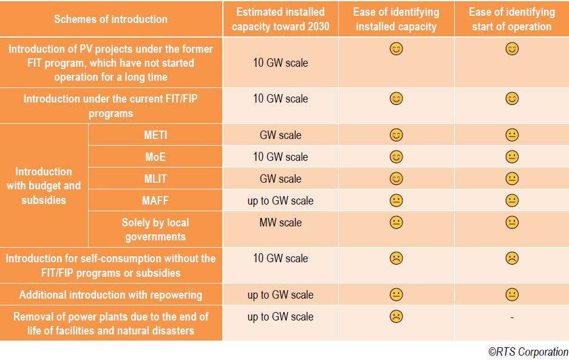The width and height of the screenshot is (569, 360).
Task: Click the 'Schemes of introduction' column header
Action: (111, 19)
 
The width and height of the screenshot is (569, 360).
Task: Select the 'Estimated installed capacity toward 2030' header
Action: (280, 19)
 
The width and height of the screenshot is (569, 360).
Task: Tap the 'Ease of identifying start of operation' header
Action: (511, 19)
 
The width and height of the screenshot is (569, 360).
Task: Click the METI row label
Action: (155, 135)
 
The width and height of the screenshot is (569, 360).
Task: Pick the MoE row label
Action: (155, 157)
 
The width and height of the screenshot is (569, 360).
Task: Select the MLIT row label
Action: (155, 179)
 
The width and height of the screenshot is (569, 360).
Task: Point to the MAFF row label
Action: (155, 201)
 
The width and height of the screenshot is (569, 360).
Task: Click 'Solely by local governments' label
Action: (155, 229)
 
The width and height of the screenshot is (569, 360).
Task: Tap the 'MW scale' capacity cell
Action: (280, 223)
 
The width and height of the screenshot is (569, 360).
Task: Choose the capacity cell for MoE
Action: (280, 157)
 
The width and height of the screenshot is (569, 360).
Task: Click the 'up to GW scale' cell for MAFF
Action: (280, 201)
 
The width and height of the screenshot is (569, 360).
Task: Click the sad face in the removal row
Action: (396, 317)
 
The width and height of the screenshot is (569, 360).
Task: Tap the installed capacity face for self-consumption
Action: (396, 259)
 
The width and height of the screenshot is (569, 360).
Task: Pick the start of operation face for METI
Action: (512, 135)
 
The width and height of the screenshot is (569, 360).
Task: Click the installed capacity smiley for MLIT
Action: (396, 178)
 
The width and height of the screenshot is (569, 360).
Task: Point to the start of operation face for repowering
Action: (512, 294)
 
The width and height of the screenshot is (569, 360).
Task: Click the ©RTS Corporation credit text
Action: (528, 352)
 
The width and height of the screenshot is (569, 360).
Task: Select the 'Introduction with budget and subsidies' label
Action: (44, 185)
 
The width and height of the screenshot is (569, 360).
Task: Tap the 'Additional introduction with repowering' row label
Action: (111, 295)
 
